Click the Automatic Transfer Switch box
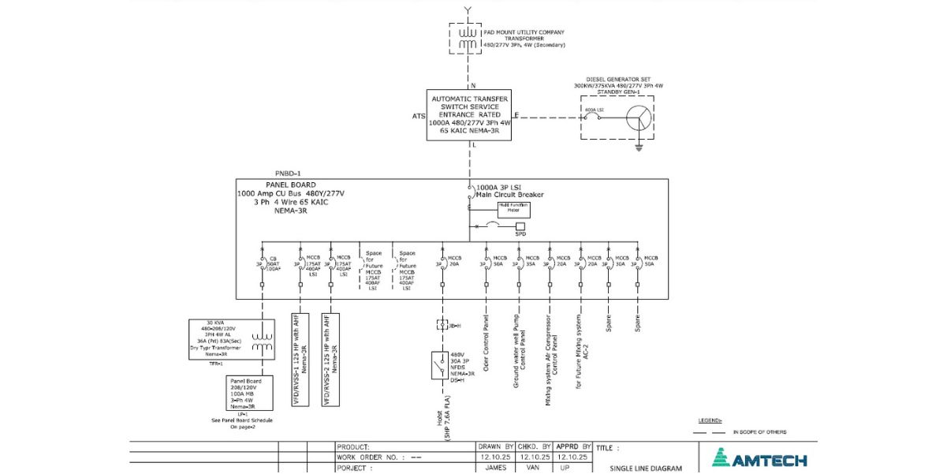[469, 115]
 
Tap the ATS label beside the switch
[418, 117]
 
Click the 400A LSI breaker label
[593, 110]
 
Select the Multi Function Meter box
[513, 209]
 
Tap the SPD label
[520, 234]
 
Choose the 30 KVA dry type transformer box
[229, 339]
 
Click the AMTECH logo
[759, 459]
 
